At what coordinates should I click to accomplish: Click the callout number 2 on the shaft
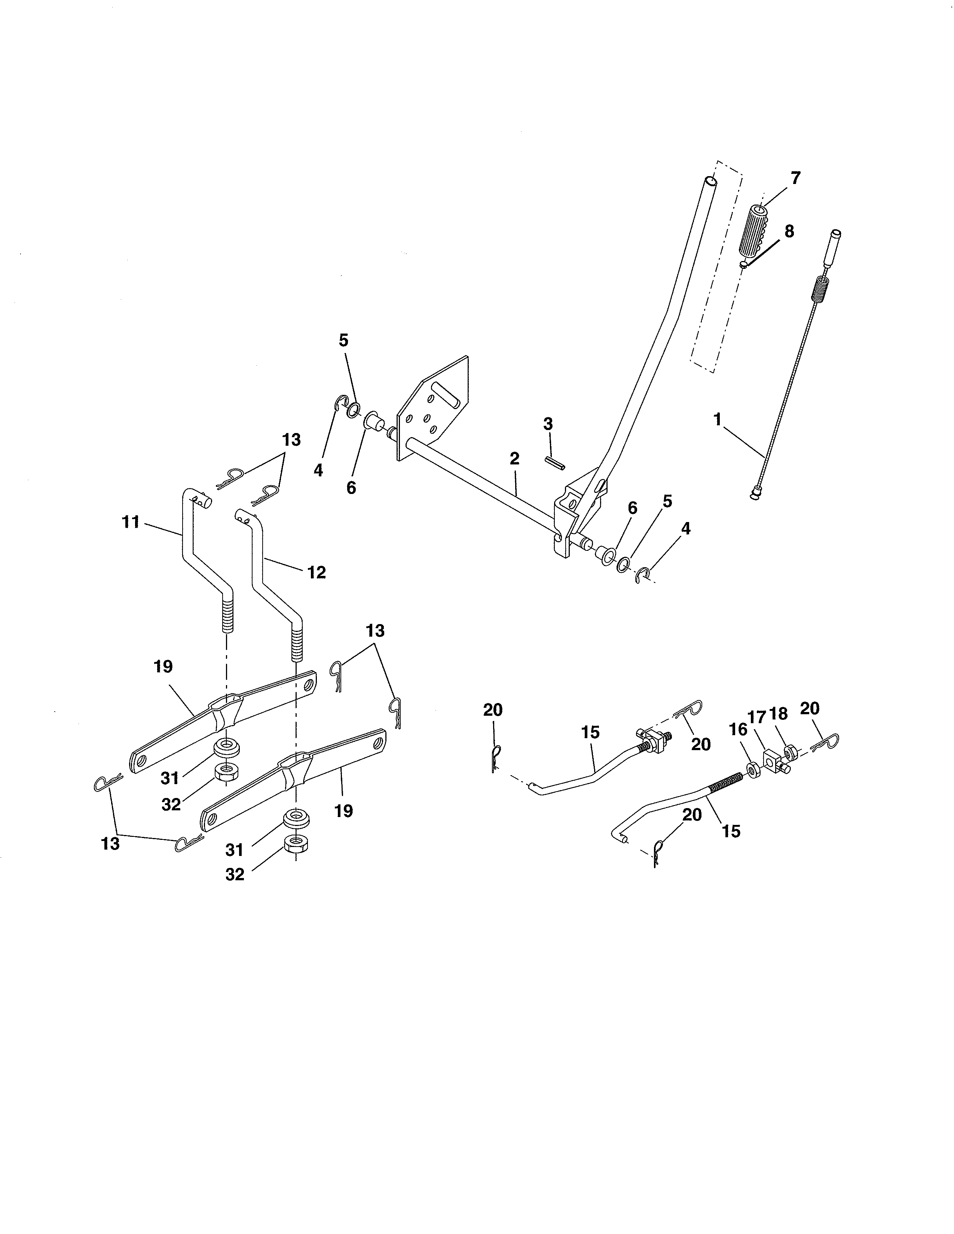tap(514, 459)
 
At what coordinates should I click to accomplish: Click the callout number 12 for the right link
tap(317, 573)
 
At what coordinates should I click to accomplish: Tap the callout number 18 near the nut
tap(778, 714)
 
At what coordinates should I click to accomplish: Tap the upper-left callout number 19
tap(163, 667)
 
